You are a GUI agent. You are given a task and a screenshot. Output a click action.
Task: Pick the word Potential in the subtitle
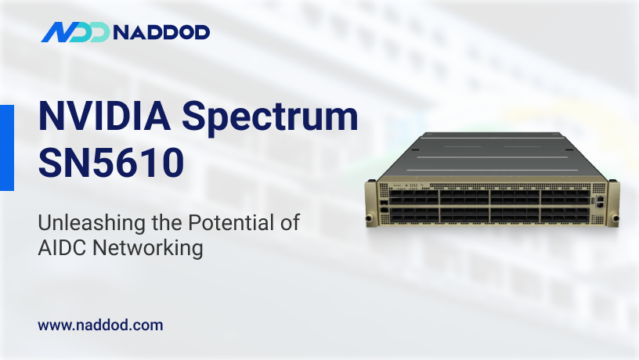tap(224, 222)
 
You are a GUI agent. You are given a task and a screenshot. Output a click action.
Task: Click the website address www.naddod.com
tap(100, 325)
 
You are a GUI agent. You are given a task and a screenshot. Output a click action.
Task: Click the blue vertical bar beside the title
tap(6, 147)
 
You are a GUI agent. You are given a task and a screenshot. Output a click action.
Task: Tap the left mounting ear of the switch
tap(371, 203)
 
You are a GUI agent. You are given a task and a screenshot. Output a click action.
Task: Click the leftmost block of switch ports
tap(415, 206)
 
